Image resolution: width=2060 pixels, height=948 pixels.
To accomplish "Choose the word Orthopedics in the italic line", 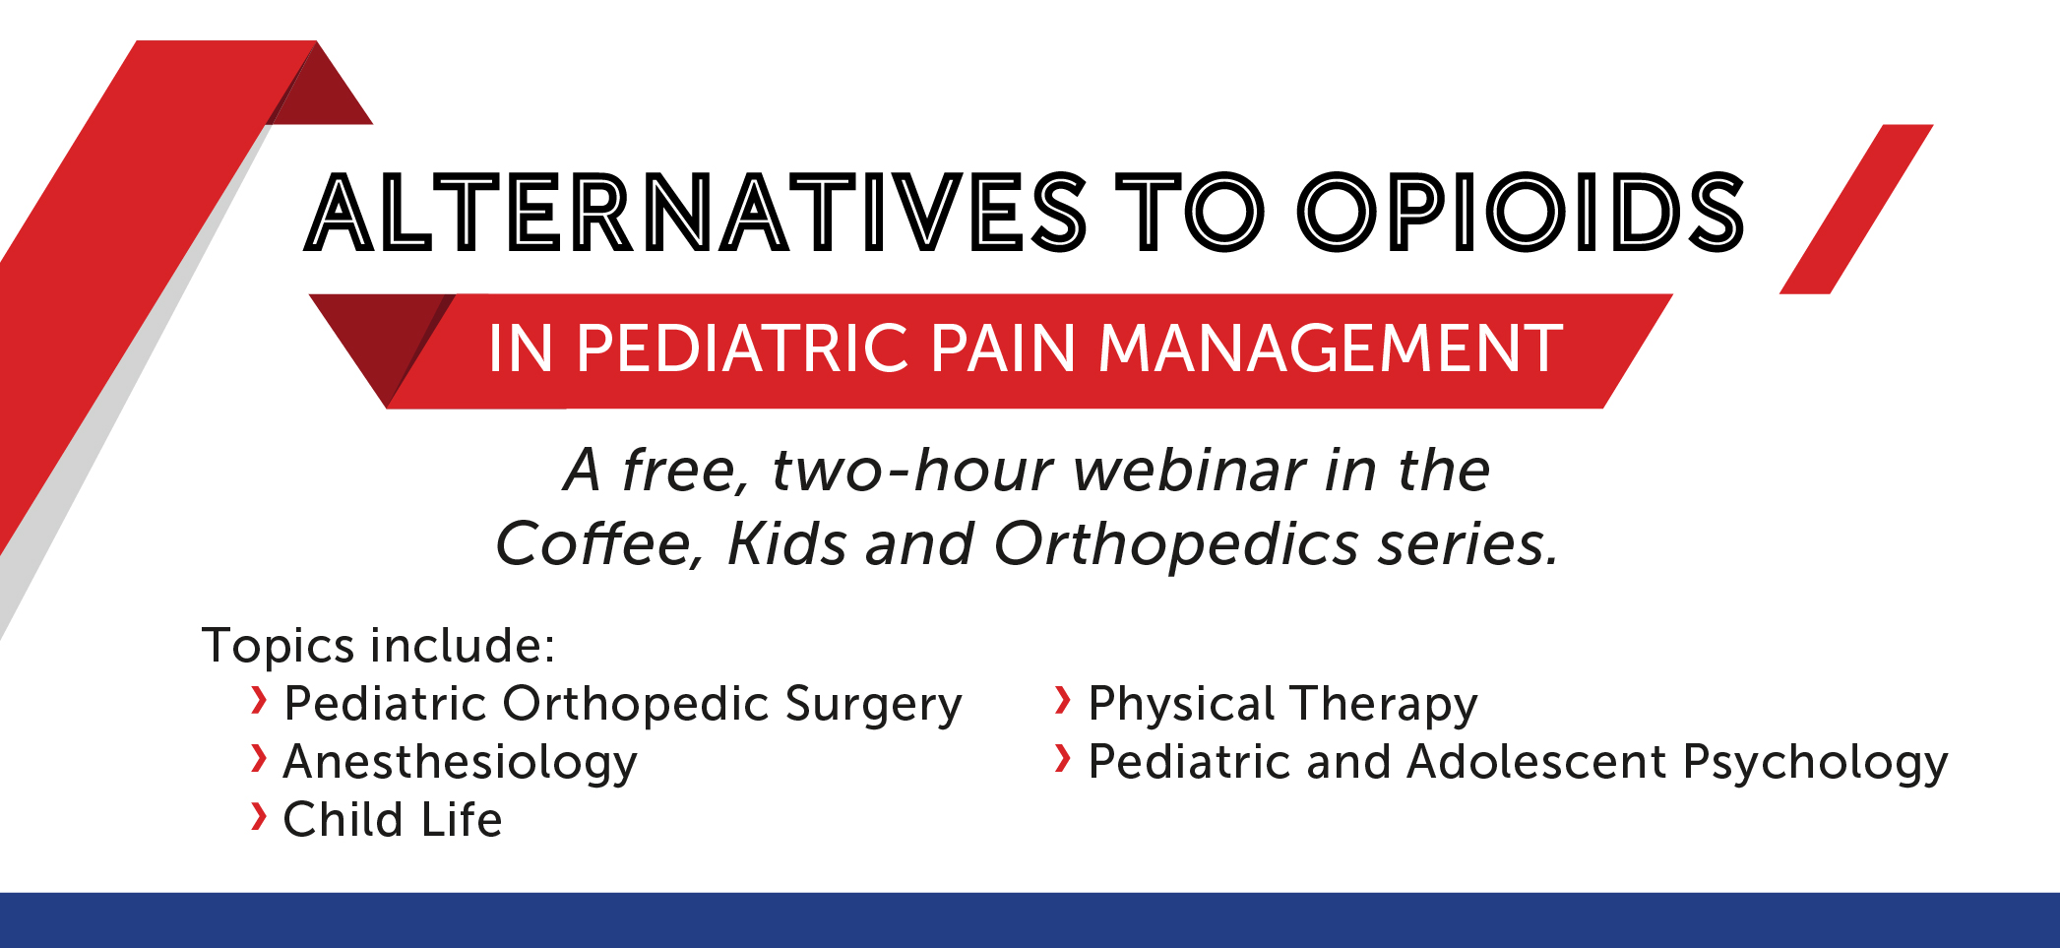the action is (x=1176, y=544).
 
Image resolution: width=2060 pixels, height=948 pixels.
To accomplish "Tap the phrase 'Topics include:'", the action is (x=379, y=646).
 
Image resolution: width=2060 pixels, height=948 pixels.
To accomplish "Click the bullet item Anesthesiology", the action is (x=461, y=762).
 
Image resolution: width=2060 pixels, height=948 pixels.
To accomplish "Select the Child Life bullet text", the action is (x=393, y=819).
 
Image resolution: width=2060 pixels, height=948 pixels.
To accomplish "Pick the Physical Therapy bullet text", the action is (x=1283, y=705).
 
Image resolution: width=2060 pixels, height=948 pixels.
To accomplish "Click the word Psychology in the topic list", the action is (x=1816, y=763).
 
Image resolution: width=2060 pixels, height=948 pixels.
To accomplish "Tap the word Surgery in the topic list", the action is (x=874, y=705).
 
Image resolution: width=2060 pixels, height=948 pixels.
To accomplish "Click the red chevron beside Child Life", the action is (x=259, y=816).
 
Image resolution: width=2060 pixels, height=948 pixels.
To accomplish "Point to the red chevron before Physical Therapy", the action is (x=1062, y=700).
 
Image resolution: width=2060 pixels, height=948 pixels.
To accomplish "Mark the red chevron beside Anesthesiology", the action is (x=259, y=758).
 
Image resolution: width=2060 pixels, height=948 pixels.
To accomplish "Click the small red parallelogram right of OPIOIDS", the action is (x=1856, y=209).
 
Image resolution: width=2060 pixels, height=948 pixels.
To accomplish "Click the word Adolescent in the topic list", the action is (x=1537, y=762).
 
